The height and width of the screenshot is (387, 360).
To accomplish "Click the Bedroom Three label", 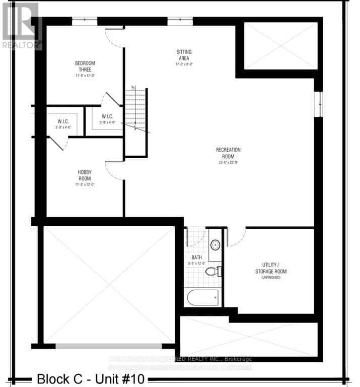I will coord(85,67).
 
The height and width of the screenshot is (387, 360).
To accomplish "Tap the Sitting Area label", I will coord(184,55).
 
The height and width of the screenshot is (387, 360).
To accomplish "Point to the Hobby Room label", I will coord(84,175).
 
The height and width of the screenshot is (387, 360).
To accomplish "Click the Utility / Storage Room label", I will coord(274,268).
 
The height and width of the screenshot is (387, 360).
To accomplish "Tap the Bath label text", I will coord(196,257).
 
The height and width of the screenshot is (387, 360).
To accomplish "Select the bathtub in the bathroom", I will coord(203,297).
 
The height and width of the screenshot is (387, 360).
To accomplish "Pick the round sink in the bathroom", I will coord(215,245).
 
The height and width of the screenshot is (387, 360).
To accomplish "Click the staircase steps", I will coord(135,108).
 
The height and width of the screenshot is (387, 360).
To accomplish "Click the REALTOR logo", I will coord(20,25).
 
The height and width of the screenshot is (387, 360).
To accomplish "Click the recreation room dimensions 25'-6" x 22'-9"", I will coord(228,162).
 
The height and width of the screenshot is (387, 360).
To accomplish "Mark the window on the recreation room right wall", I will coord(318,104).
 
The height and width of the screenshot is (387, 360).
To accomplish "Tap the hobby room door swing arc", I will coord(115,171).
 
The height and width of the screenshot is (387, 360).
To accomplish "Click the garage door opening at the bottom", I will coord(108,346).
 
